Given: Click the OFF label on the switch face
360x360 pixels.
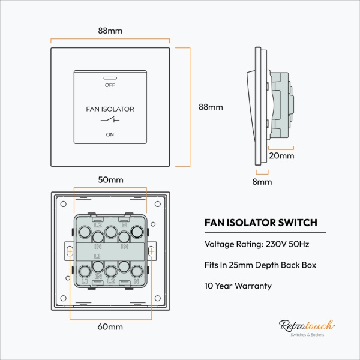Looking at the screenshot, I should coord(109,85).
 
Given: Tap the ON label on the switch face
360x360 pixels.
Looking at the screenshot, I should coord(109,134).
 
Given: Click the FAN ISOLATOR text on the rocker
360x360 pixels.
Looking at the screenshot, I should coord(110,109).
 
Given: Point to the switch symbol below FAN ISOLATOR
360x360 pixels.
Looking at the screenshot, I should coord(110,121).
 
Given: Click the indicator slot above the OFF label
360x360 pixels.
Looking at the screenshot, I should coord(109,77).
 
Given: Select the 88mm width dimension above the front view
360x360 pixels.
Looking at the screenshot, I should coord(110,31).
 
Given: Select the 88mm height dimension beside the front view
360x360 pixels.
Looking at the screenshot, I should coord(211,107).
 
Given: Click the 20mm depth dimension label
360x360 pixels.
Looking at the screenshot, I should coord(281,155).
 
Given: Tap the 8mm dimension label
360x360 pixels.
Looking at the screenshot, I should coord(262,181).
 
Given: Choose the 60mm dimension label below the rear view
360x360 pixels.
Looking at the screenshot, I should coord(110,327).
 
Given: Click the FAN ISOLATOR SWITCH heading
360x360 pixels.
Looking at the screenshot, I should coord(261,223).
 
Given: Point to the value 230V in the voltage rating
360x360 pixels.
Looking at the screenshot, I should coord(273,245).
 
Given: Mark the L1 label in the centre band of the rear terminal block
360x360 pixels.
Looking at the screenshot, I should coord(97,256).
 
